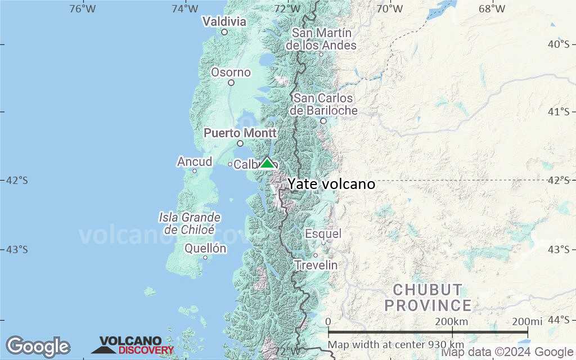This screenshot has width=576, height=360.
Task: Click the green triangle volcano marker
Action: coord(267,163)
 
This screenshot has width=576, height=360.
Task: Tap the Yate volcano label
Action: coord(331,184)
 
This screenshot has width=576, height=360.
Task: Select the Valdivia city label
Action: coord(224,21)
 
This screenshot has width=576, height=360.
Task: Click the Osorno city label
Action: coord(231,72)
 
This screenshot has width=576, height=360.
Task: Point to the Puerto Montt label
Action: coord(240,133)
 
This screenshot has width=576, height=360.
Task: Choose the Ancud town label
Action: coord(195,162)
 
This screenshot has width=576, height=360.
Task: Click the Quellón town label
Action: coord(205,248)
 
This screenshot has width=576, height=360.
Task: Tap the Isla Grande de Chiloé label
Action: coord(190,223)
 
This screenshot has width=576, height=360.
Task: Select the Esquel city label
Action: coord(323,233)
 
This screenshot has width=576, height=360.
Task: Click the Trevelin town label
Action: coord(317,265)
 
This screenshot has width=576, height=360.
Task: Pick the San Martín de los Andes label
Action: coord(321,39)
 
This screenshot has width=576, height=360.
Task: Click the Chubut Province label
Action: coord(432,298)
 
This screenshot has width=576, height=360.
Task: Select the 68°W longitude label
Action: coord(492,8)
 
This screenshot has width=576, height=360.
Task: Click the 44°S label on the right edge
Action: coord(558,319)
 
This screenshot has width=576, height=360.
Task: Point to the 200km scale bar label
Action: coord(452,321)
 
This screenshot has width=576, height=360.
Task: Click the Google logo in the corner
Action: coord(38,346)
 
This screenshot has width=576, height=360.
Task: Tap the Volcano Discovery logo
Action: coord(133,345)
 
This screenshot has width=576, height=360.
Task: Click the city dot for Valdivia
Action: coord(224,32)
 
